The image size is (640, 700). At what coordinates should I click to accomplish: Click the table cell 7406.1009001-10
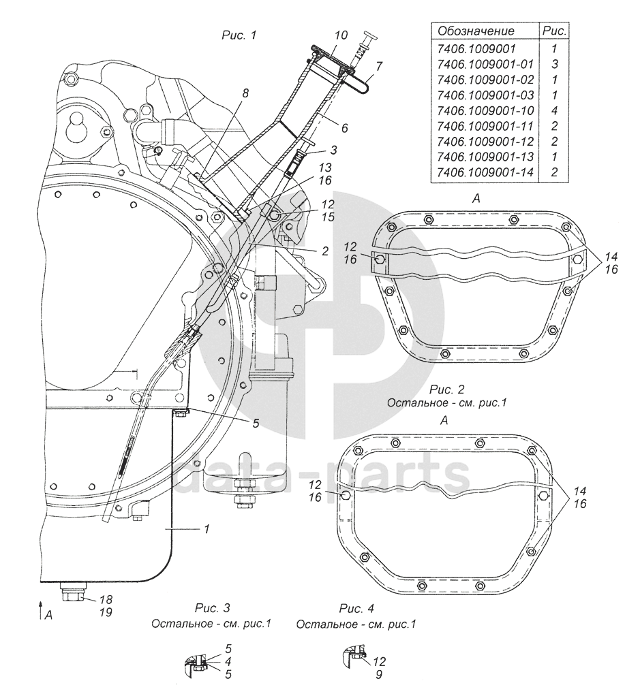pyautogui.click(x=485, y=110)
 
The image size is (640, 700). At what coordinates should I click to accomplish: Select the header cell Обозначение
pyautogui.click(x=476, y=31)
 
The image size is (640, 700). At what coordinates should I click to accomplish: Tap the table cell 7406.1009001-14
pyautogui.click(x=485, y=172)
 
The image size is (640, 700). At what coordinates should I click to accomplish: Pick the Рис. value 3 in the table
pyautogui.click(x=555, y=64)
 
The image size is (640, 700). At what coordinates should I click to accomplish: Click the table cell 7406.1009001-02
pyautogui.click(x=485, y=80)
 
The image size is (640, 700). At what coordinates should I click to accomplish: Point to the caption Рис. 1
pyautogui.click(x=239, y=35)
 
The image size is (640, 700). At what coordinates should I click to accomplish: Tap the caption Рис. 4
pyautogui.click(x=356, y=608)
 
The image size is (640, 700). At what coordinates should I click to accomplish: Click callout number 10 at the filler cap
pyautogui.click(x=341, y=35)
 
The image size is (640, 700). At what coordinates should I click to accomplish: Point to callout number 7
pyautogui.click(x=378, y=67)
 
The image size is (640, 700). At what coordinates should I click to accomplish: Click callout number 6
pyautogui.click(x=344, y=128)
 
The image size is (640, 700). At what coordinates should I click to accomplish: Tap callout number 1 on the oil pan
pyautogui.click(x=207, y=529)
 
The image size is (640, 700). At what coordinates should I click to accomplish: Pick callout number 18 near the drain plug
pyautogui.click(x=106, y=599)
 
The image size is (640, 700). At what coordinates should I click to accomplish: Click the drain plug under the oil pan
pyautogui.click(x=71, y=592)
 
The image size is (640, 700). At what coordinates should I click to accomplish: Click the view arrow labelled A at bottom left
pyautogui.click(x=41, y=610)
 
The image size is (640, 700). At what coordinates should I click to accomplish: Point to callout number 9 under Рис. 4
pyautogui.click(x=378, y=675)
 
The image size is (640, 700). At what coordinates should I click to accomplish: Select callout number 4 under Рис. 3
pyautogui.click(x=228, y=662)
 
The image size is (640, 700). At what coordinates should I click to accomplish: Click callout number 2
pyautogui.click(x=325, y=251)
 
